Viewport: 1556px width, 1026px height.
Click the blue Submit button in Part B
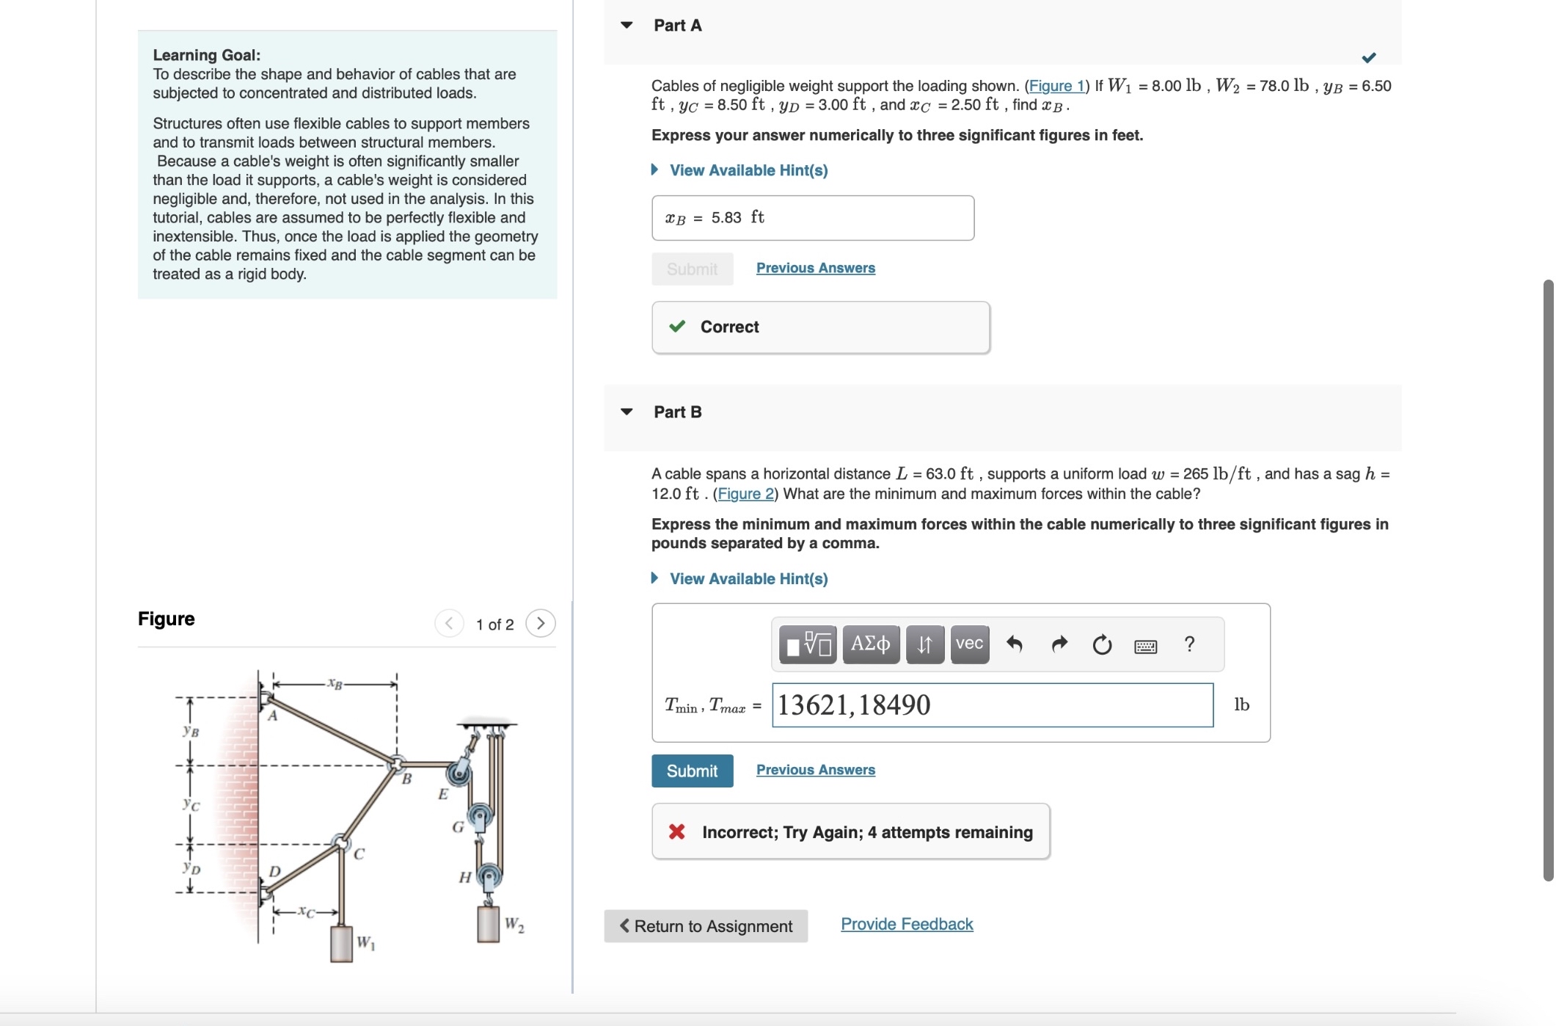pyautogui.click(x=692, y=771)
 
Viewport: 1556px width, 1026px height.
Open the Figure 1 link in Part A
pyautogui.click(x=1056, y=86)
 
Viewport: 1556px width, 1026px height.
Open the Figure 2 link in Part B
pyautogui.click(x=745, y=494)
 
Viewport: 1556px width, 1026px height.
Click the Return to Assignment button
pyautogui.click(x=706, y=926)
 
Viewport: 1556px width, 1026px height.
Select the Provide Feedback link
pyautogui.click(x=907, y=924)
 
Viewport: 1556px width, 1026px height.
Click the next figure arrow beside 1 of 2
pyautogui.click(x=541, y=624)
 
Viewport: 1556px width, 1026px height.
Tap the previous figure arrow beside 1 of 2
pyautogui.click(x=449, y=624)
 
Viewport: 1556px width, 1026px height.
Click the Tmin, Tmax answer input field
pyautogui.click(x=992, y=705)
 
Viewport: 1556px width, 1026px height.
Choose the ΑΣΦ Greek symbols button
pyautogui.click(x=871, y=644)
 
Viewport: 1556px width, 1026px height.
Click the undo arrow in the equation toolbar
pyautogui.click(x=1015, y=644)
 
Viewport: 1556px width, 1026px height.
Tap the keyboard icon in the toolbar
pyautogui.click(x=1145, y=646)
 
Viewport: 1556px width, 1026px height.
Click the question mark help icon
pyautogui.click(x=1189, y=644)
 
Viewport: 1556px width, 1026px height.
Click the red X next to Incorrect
pyautogui.click(x=676, y=832)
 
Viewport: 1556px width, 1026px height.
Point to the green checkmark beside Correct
pyautogui.click(x=677, y=327)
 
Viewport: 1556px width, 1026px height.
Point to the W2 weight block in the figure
pyautogui.click(x=489, y=923)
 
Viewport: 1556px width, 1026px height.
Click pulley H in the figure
pyautogui.click(x=489, y=876)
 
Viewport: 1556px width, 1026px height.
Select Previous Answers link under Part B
pyautogui.click(x=815, y=770)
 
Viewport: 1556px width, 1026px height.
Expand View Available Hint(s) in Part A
pyautogui.click(x=748, y=170)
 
